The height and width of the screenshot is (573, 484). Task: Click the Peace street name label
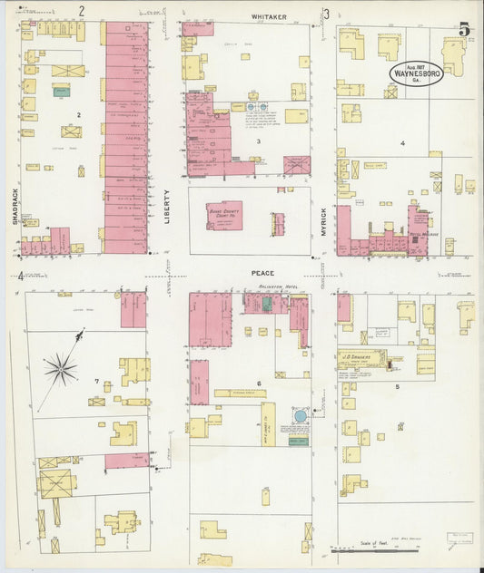(x=263, y=272)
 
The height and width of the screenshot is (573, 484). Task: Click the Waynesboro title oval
(x=417, y=73)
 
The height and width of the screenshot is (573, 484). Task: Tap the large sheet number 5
(x=464, y=30)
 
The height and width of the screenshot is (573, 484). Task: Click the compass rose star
(x=62, y=367)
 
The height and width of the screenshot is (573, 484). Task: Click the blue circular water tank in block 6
(x=301, y=416)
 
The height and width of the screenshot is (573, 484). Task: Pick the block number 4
(x=400, y=143)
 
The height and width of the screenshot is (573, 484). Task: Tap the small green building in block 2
(x=62, y=92)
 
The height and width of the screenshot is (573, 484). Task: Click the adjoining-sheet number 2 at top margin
(x=81, y=12)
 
